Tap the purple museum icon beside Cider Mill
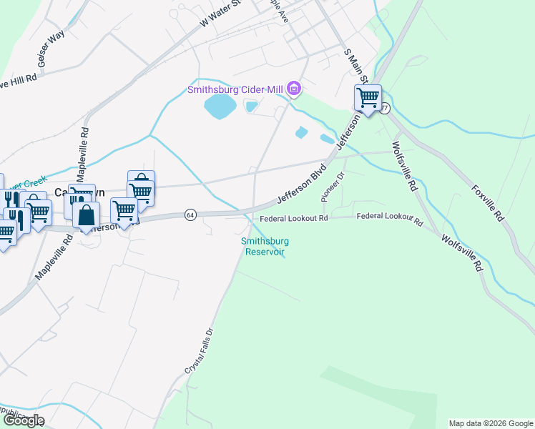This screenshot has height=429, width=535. (x=293, y=89)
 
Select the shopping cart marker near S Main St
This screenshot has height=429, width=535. (x=368, y=99)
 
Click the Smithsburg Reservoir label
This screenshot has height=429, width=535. (x=264, y=246)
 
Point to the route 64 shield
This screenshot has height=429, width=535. (x=190, y=214)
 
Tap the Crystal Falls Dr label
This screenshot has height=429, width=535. (x=200, y=350)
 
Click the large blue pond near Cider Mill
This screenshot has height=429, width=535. (x=220, y=108)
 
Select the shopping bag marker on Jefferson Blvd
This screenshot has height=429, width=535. (x=86, y=215)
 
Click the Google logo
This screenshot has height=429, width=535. (x=23, y=420)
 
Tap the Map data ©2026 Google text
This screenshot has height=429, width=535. (x=491, y=423)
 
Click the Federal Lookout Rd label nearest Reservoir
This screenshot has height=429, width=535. (x=293, y=218)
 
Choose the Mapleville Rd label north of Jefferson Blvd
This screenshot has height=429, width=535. (x=84, y=147)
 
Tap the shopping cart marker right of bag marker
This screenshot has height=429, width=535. (x=124, y=210)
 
